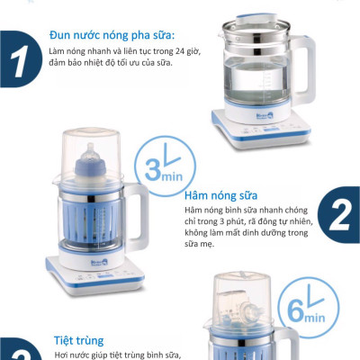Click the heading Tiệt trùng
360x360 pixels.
(76, 341)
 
